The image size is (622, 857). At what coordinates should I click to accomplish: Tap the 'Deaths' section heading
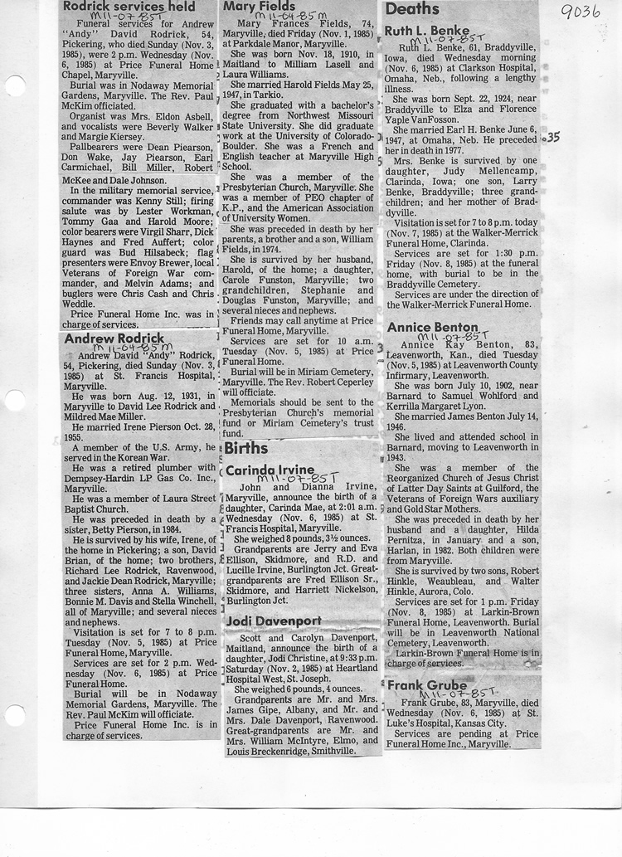point(412,9)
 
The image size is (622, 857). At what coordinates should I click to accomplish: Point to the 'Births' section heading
point(246,449)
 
